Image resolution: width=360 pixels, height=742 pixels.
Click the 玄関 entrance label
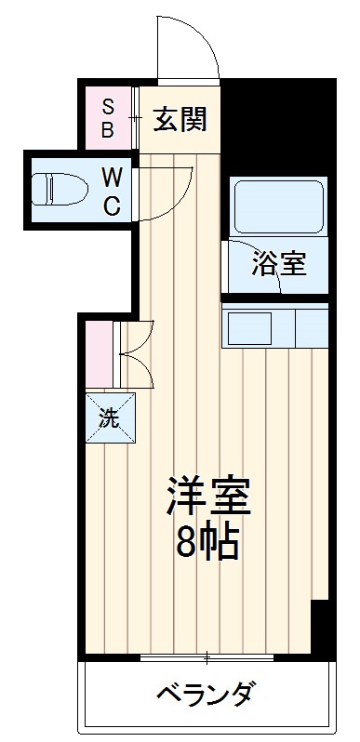pos(180,119)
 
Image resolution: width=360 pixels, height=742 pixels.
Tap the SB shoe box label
pos(108,118)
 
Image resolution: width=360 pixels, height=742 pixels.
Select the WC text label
pos(111,192)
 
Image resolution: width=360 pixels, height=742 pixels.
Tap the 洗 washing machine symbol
pos(111,417)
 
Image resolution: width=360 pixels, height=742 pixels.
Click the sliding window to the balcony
pos(207,658)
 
